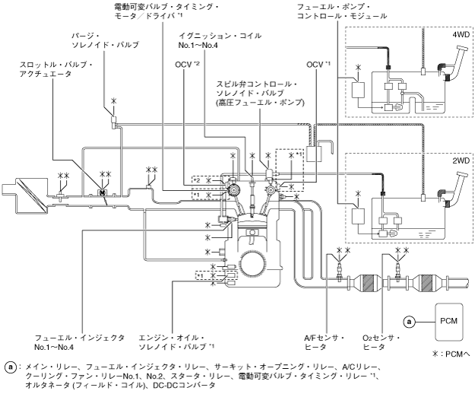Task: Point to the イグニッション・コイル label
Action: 212,40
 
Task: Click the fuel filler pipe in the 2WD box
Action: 450,190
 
